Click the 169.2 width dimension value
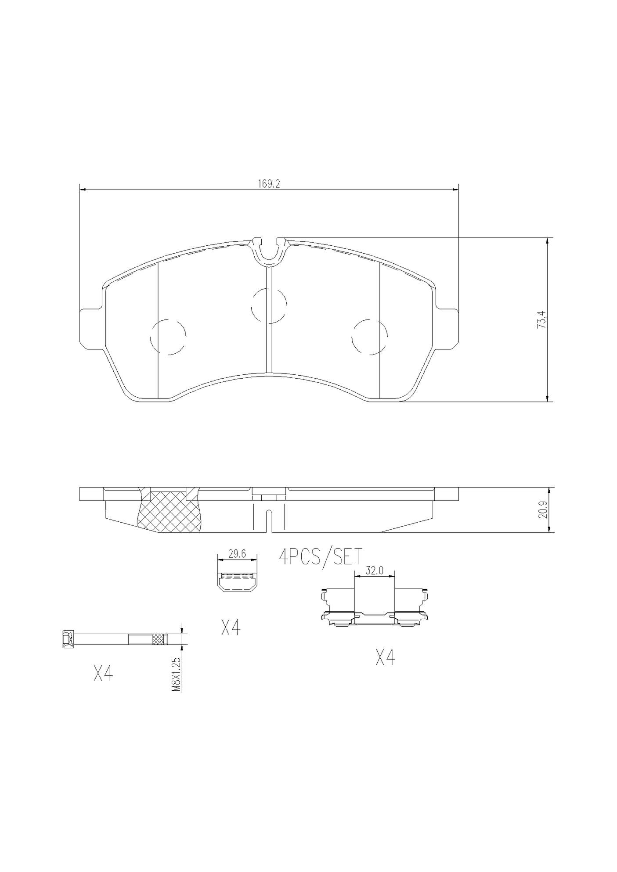pos(269,184)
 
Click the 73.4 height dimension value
pos(542,319)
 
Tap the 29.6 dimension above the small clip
pos(237,554)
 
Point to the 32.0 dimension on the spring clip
pos(375,571)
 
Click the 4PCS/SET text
pos(321,557)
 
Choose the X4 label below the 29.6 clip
pos(231,628)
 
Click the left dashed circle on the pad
pos(168,336)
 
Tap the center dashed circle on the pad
pos(269,305)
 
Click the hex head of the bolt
pos(67,639)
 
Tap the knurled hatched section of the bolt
pos(159,639)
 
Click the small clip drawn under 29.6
pos(237,582)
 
